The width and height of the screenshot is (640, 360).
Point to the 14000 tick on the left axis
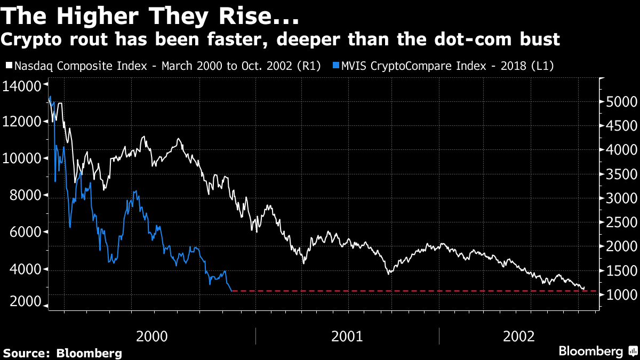[x=22, y=85]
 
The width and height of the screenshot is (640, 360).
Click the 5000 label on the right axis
[x=620, y=102]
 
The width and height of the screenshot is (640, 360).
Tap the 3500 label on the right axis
[x=620, y=174]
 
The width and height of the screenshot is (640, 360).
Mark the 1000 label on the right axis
[x=620, y=295]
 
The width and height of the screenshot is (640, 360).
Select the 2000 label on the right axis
[x=620, y=246]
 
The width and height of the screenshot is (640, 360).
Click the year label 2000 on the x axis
[x=152, y=336]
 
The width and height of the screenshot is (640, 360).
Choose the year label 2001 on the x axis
[x=347, y=336]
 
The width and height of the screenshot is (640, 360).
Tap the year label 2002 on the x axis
[x=518, y=336]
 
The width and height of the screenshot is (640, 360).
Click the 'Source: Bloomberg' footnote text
[x=63, y=353]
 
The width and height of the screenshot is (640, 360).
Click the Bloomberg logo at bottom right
[x=597, y=351]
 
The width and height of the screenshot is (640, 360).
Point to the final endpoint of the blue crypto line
[x=231, y=291]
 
